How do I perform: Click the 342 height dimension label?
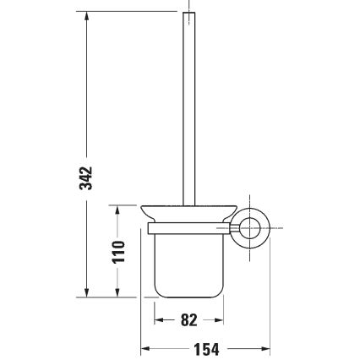(86, 178)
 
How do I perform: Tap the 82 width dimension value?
(188, 320)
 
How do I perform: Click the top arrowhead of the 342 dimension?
(86, 18)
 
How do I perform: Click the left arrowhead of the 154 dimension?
(145, 347)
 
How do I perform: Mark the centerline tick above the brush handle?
(189, 6)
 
